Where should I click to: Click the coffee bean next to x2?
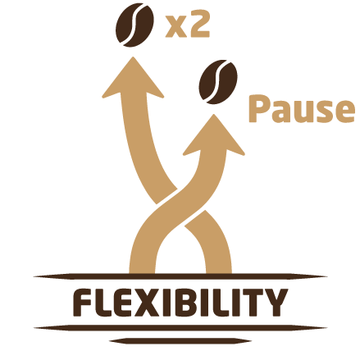(134, 25)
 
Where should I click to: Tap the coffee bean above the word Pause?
(218, 82)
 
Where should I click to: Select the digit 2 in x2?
(200, 26)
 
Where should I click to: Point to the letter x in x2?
(176, 29)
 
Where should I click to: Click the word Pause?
(302, 108)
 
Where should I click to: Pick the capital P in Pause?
(257, 108)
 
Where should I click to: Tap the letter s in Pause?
(324, 112)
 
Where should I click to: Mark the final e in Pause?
(345, 112)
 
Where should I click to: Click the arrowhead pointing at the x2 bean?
(133, 78)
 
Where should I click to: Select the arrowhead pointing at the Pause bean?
(214, 135)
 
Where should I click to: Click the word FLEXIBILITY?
(180, 303)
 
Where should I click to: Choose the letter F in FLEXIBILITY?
(82, 303)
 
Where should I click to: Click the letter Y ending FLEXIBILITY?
(276, 303)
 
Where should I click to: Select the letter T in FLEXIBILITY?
(253, 303)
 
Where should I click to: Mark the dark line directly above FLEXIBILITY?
(180, 276)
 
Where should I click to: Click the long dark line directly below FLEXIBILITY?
(180, 328)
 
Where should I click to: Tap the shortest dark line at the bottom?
(180, 341)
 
